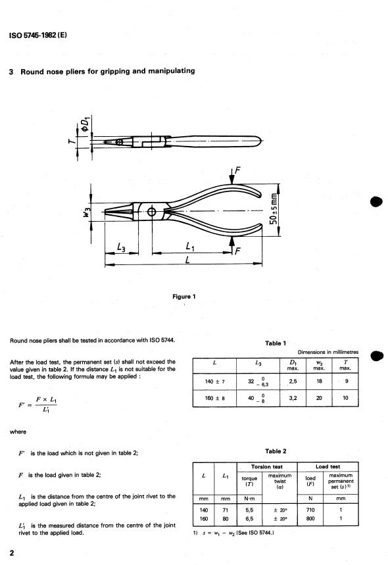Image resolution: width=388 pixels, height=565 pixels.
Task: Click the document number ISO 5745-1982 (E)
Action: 38,35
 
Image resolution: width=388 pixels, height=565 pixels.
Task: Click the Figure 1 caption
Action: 183,297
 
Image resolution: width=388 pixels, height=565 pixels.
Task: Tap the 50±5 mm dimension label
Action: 274,209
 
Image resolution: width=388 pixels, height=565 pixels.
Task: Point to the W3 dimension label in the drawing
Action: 85,212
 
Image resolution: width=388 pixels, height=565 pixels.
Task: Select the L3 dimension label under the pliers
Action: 122,247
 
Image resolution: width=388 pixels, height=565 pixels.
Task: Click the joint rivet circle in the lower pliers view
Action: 152,212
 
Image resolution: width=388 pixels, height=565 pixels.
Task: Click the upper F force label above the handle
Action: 237,170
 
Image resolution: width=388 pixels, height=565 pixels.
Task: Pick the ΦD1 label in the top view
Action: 85,124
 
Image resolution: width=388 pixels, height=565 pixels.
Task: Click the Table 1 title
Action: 276,343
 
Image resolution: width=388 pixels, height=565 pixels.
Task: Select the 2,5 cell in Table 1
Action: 293,381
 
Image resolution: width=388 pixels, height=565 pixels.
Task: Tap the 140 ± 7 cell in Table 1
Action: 214,381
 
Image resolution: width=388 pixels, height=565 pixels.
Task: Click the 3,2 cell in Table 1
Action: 293,398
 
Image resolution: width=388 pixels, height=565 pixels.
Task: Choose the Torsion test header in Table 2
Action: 267,466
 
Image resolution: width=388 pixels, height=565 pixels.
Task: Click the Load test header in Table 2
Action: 328,466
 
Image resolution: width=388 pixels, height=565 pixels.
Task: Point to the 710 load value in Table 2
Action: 310,510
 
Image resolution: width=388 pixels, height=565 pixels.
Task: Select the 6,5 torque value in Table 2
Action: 249,518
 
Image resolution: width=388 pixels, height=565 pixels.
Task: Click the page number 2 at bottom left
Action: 12,553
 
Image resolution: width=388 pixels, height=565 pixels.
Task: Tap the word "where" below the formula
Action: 18,431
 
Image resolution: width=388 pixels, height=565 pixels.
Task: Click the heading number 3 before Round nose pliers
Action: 11,71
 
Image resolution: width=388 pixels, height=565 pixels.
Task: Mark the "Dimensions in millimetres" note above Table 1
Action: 328,352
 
